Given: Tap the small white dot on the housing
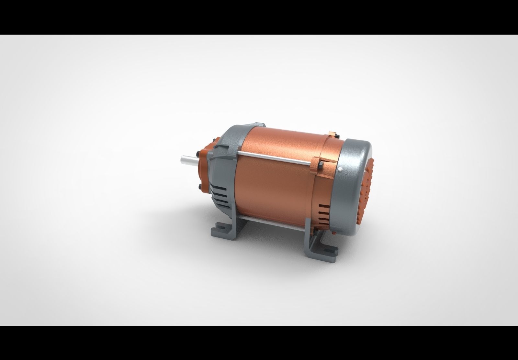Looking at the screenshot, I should [x=339, y=169].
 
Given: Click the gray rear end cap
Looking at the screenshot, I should [x=356, y=181].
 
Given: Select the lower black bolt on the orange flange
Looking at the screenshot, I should [x=198, y=187].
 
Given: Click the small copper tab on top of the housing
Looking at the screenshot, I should [x=331, y=133].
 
